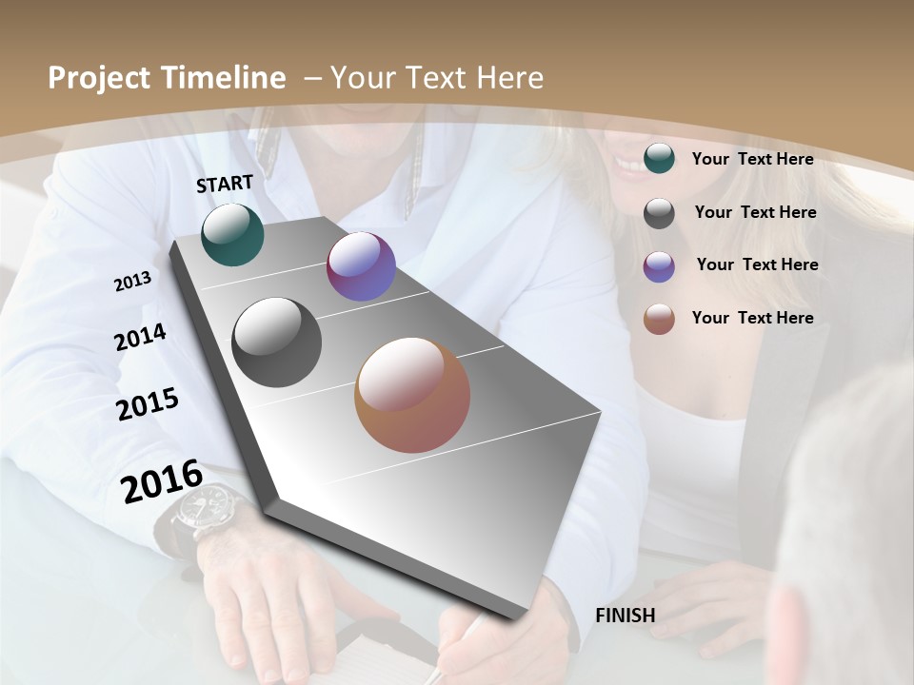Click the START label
225,184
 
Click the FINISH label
626,616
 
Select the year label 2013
133,281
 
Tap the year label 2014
140,337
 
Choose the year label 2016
162,480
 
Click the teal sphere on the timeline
232,234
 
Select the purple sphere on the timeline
361,266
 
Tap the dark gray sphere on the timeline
276,342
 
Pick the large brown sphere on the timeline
412,395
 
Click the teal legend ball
659,159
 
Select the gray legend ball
659,213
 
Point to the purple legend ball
659,266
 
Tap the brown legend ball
659,319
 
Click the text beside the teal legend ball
752,159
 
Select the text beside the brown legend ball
752,318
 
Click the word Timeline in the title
226,78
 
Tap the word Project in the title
97,78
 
